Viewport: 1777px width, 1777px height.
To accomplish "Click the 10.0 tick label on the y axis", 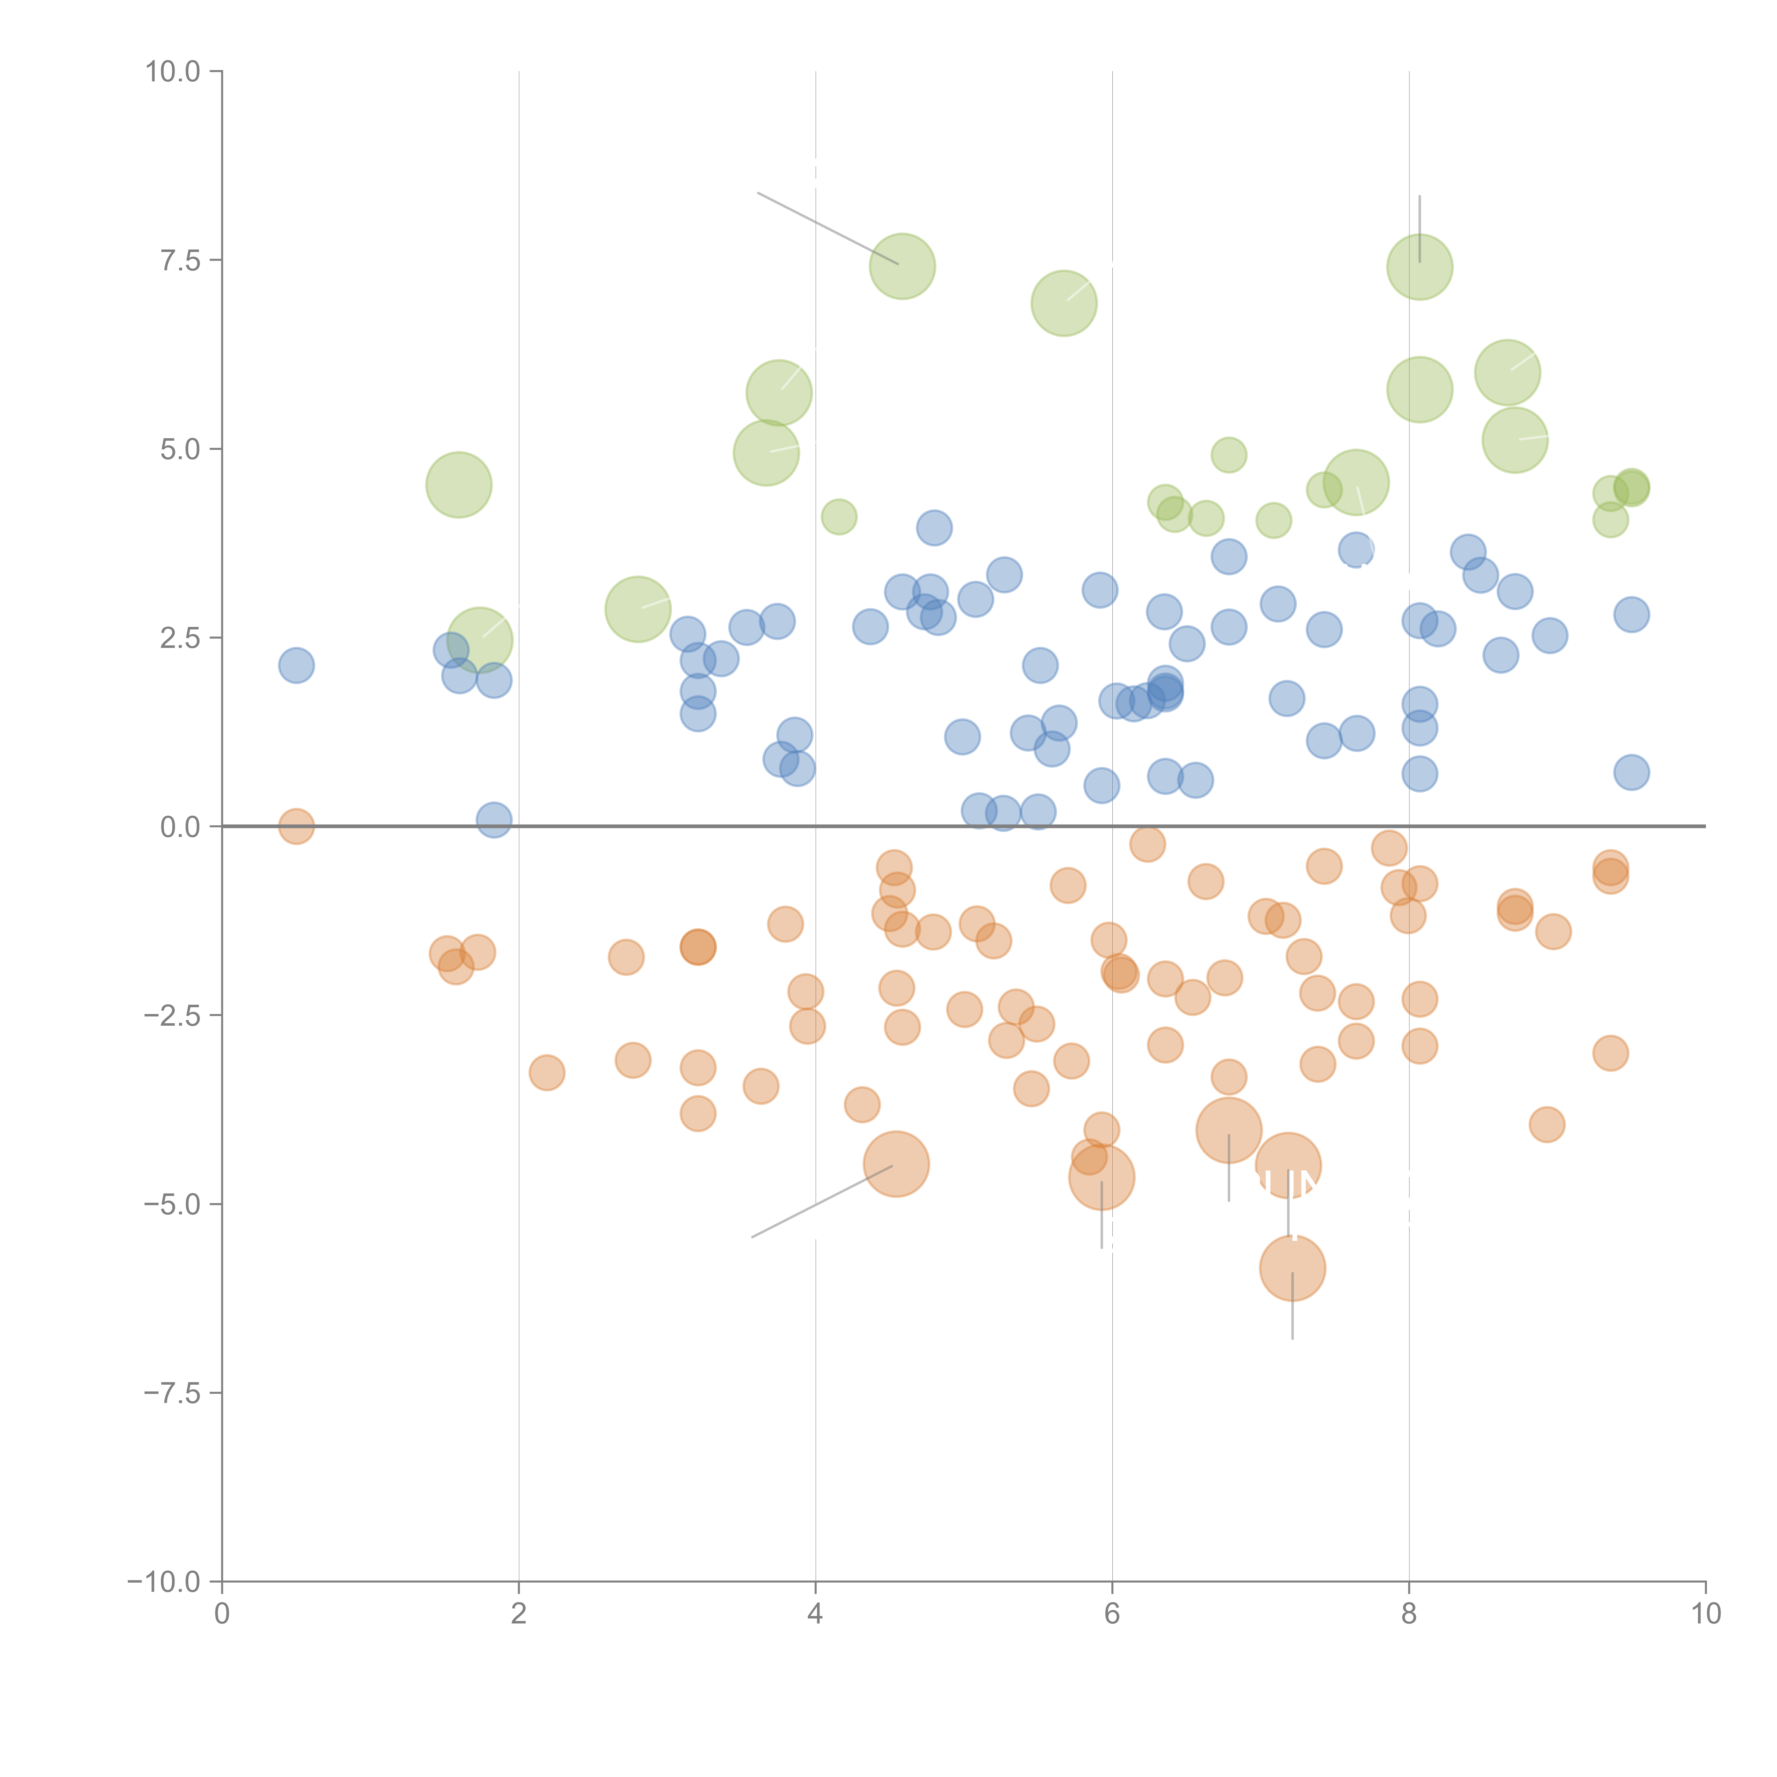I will point(173,72).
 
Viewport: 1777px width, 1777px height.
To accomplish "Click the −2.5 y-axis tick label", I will point(173,1015).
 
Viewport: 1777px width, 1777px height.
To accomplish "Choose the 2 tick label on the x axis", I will point(519,1614).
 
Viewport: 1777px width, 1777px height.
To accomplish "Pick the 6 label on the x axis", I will point(1112,1614).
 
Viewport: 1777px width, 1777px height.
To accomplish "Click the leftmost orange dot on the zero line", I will point(296,827).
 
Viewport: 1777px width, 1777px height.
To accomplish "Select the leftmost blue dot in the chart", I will point(296,665).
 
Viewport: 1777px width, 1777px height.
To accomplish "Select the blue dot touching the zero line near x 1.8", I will point(494,820).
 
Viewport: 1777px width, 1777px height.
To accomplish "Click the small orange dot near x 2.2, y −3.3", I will point(546,1073).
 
